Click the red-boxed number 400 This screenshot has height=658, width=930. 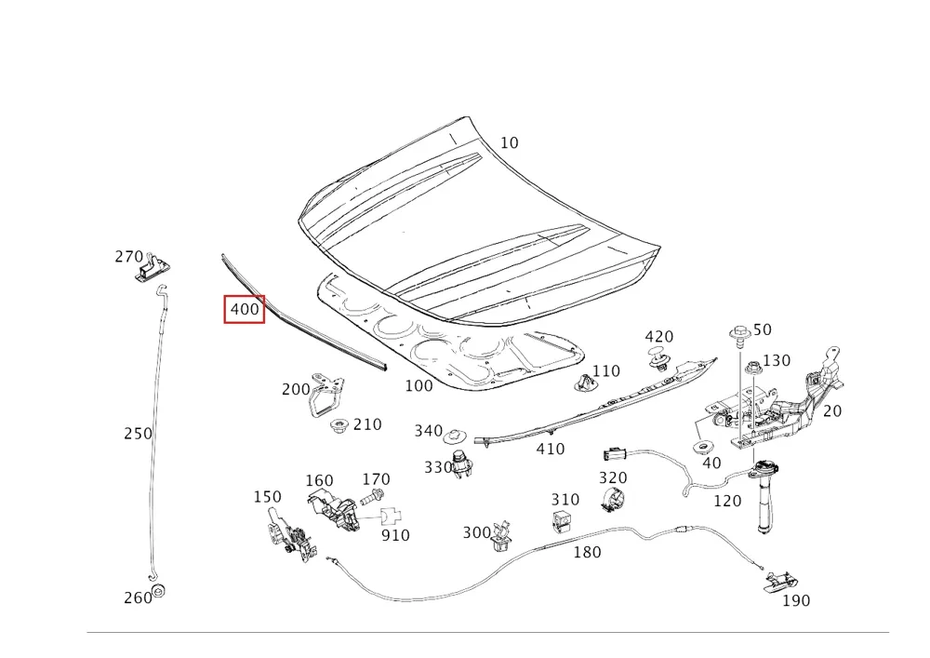[x=245, y=309]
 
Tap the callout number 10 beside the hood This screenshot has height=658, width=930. [x=509, y=143]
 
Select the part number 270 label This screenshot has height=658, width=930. [x=128, y=256]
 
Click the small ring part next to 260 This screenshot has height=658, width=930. [x=158, y=591]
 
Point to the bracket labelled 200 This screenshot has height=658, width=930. [x=325, y=394]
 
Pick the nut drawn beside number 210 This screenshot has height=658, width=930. [x=339, y=425]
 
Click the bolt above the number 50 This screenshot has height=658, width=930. [x=739, y=336]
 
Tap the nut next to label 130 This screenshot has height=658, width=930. [x=753, y=368]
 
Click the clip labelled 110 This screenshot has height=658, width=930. [x=584, y=383]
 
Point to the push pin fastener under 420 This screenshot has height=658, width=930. [x=658, y=359]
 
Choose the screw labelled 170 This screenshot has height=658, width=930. [x=373, y=497]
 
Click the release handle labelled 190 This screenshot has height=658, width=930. [x=778, y=581]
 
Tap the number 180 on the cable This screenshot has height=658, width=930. [x=587, y=553]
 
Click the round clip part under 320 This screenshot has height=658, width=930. [x=614, y=500]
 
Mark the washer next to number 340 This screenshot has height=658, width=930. [x=454, y=436]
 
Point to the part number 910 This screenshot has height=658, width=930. [x=395, y=536]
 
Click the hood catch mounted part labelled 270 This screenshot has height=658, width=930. [x=153, y=269]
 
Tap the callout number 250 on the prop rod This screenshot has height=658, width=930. [x=138, y=434]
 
